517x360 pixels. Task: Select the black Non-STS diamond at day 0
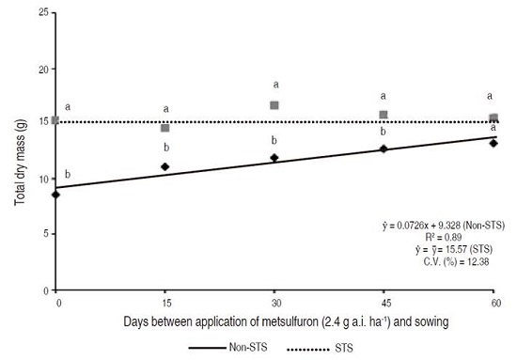tap(56, 195)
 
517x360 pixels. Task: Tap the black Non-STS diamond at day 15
tap(165, 166)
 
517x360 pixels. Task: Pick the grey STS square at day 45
tap(384, 115)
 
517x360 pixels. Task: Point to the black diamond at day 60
tap(493, 143)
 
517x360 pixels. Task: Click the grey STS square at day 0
tap(56, 120)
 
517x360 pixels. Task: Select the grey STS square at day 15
tap(165, 128)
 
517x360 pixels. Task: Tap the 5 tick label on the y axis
tap(43, 234)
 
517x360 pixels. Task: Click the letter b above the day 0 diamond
tap(68, 175)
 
